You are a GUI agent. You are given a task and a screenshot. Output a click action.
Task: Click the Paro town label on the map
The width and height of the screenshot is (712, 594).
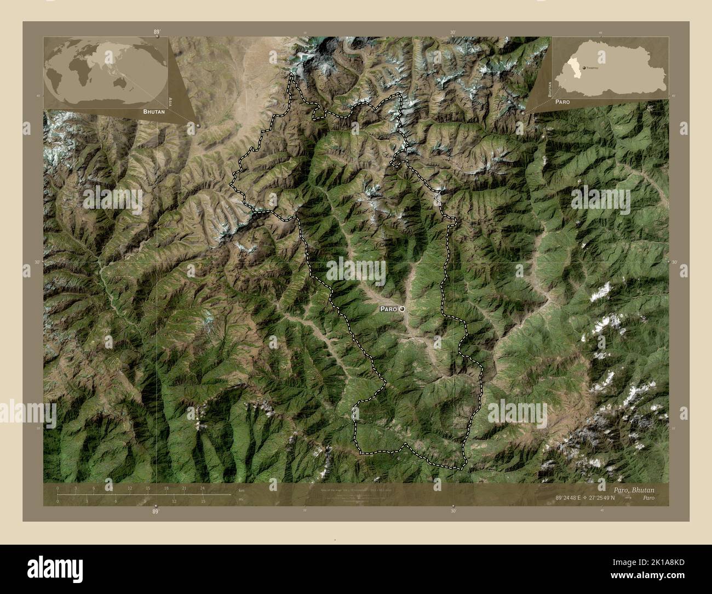pyautogui.click(x=388, y=310)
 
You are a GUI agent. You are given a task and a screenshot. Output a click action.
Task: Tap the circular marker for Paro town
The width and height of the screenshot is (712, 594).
pyautogui.click(x=403, y=310)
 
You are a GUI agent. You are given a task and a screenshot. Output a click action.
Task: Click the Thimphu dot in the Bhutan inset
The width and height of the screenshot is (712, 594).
pyautogui.click(x=584, y=67)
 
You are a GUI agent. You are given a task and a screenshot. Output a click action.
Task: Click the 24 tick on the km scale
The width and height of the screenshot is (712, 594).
pyautogui.click(x=202, y=488)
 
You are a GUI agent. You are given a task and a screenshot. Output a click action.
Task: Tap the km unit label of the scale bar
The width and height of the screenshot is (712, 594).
pyautogui.click(x=241, y=489)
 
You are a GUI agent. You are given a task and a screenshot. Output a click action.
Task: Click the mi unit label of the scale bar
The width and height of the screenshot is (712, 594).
pyautogui.click(x=240, y=500)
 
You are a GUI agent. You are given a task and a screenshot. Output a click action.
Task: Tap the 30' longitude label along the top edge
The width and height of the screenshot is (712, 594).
pyautogui.click(x=453, y=33)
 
